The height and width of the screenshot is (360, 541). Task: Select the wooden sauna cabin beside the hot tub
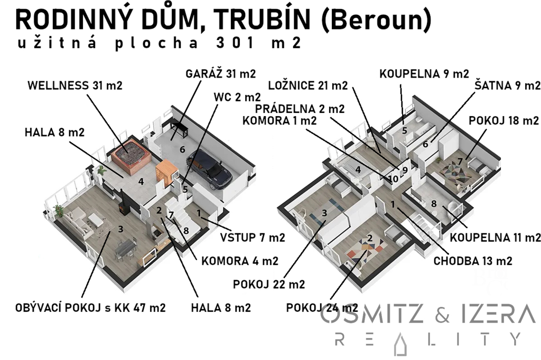(x=167, y=171)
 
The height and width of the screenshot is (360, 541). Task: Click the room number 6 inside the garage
(x=182, y=149)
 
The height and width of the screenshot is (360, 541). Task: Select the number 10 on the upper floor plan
(x=393, y=178)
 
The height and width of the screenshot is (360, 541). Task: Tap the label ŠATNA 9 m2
(x=507, y=86)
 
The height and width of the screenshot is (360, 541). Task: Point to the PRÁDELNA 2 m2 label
(x=300, y=109)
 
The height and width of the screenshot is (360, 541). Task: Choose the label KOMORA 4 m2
(x=239, y=261)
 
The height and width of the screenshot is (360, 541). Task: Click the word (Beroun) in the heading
(x=376, y=20)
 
